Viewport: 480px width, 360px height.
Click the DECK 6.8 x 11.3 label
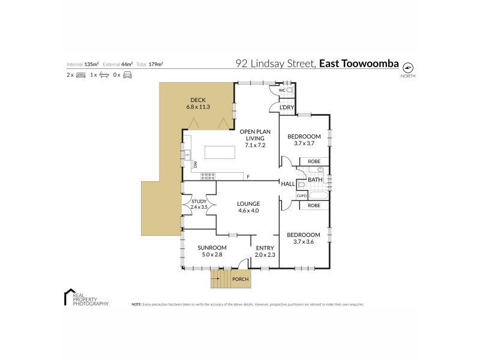pyautogui.click(x=198, y=103)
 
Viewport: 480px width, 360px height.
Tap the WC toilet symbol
pyautogui.click(x=290, y=91)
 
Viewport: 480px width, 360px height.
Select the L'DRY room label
pyautogui.click(x=287, y=107)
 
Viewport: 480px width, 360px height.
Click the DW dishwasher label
pyautogui.click(x=195, y=164)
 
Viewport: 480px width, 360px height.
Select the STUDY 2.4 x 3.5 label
pyautogui.click(x=199, y=204)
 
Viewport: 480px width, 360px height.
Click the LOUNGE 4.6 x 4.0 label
pyautogui.click(x=247, y=207)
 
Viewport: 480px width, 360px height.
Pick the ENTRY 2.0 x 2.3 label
pyautogui.click(x=265, y=251)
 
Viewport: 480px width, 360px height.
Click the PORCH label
pyautogui.click(x=240, y=280)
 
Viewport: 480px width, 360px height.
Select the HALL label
pyautogui.click(x=288, y=184)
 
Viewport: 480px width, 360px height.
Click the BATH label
pyautogui.click(x=315, y=179)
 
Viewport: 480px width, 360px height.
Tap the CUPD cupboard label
pyautogui.click(x=302, y=196)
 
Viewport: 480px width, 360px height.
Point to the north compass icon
pyautogui.click(x=409, y=67)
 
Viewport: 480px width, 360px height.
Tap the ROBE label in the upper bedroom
pyautogui.click(x=314, y=161)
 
